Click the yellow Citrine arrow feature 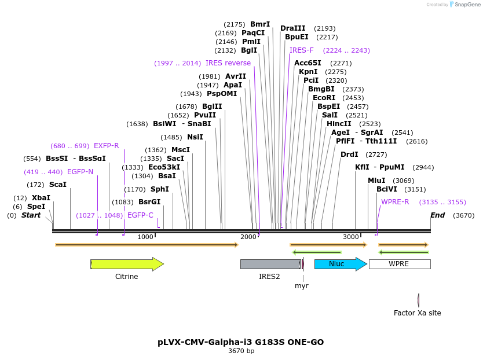click(x=127, y=264)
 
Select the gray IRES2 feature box click(x=270, y=264)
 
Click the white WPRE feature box click(x=399, y=264)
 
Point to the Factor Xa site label click(x=417, y=313)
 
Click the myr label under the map click(x=301, y=286)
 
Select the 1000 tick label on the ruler click(x=145, y=237)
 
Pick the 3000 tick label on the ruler click(x=350, y=237)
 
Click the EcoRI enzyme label click(x=324, y=98)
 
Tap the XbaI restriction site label click(x=41, y=198)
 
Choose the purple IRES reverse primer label click(x=228, y=63)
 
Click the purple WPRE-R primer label click(x=395, y=202)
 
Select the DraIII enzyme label click(x=292, y=28)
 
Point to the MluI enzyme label click(x=376, y=181)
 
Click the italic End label click(x=437, y=215)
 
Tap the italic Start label click(x=31, y=215)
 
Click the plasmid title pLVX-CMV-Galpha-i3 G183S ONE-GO click(x=241, y=342)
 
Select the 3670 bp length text click(x=241, y=351)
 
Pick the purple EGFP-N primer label click(x=80, y=172)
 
